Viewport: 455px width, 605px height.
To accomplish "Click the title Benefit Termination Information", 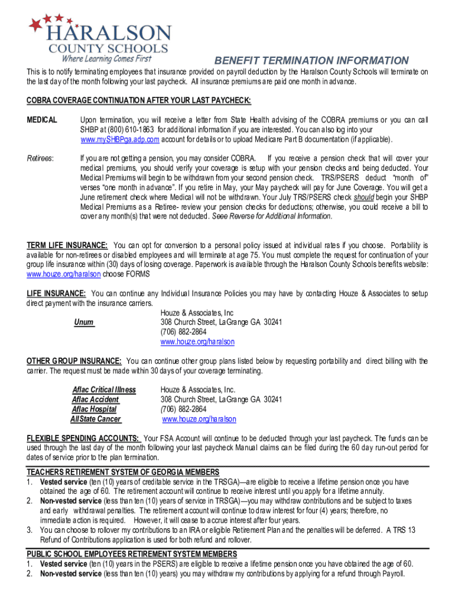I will (x=311, y=61).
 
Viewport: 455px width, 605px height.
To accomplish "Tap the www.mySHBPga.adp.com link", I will (x=120, y=139).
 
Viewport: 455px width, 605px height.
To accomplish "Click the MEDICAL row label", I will (x=42, y=120).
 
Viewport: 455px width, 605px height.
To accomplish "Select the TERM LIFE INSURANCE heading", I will (x=67, y=245).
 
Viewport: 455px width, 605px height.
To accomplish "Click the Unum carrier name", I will (x=84, y=323).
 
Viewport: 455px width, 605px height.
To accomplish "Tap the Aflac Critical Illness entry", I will (x=104, y=390).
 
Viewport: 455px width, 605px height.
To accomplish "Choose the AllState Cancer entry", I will (x=96, y=419).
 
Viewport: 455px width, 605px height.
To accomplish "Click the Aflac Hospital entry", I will (x=94, y=409).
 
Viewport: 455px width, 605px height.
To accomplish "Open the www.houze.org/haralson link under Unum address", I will (x=197, y=342).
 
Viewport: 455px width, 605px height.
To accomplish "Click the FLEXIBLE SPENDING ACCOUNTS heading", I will (x=83, y=438).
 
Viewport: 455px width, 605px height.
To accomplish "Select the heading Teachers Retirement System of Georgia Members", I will (x=123, y=472).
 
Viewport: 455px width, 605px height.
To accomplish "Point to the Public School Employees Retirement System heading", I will (x=132, y=554).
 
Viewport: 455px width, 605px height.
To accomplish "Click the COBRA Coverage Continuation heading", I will (x=139, y=100).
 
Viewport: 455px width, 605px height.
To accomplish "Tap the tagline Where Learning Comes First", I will (x=106, y=58).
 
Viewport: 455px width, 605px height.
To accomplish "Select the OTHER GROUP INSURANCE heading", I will (x=74, y=361).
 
